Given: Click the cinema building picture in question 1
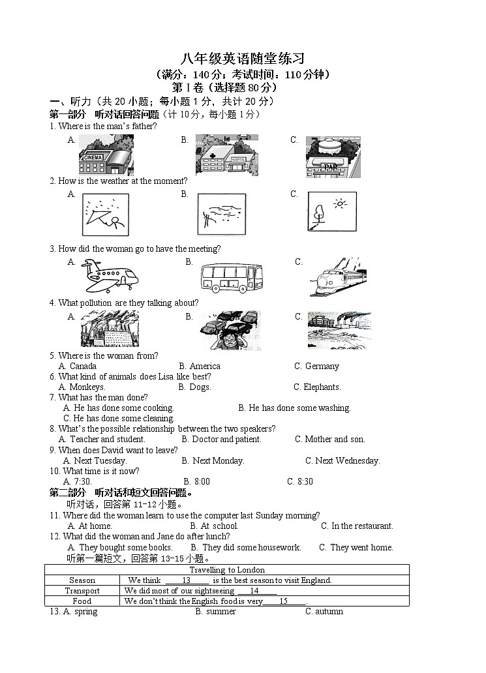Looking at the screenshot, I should pos(106,155).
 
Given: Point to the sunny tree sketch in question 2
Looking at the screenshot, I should pos(332,211).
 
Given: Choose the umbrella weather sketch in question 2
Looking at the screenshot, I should pos(105,215).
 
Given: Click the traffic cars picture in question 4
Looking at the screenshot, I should pos(228,330).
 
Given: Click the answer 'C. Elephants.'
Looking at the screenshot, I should pos(317,387).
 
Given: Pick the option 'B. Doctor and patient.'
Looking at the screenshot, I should pos(222,440).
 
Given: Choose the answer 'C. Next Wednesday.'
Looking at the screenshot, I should pos(342,461).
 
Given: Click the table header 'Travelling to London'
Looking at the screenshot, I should pos(227,570).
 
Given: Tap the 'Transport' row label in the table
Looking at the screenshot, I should pos(82,591).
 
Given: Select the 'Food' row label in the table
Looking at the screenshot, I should pos(82,601).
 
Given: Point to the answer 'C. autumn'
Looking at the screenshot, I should pos(324,612).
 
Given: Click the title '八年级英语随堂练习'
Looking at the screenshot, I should pos(243,59).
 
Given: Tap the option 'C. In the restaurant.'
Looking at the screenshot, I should pos(357,526).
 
